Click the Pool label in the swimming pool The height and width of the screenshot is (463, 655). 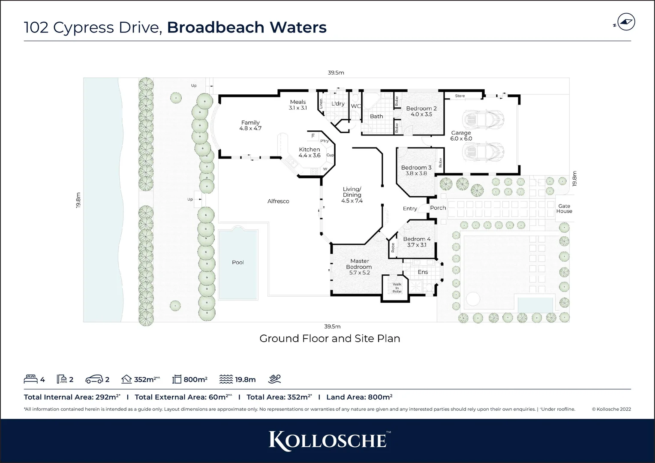point(238,262)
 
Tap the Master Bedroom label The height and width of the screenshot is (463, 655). point(359,267)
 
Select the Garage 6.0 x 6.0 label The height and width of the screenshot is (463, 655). point(461,136)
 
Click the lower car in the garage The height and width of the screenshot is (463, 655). point(482,150)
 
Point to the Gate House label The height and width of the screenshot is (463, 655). point(564,209)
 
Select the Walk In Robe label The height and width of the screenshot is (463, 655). point(397,288)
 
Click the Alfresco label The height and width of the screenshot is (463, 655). point(278,201)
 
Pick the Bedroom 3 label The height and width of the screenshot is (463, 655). point(416,170)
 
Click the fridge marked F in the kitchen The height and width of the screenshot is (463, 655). point(313,136)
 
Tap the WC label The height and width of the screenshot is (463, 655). point(356,106)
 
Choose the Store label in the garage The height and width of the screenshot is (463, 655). point(460,96)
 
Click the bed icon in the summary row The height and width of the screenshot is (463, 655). point(30,379)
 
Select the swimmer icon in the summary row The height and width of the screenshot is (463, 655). point(274,379)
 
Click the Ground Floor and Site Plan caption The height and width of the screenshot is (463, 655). point(330,339)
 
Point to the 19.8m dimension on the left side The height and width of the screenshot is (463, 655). point(78,200)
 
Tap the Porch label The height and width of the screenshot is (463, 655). point(438,208)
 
